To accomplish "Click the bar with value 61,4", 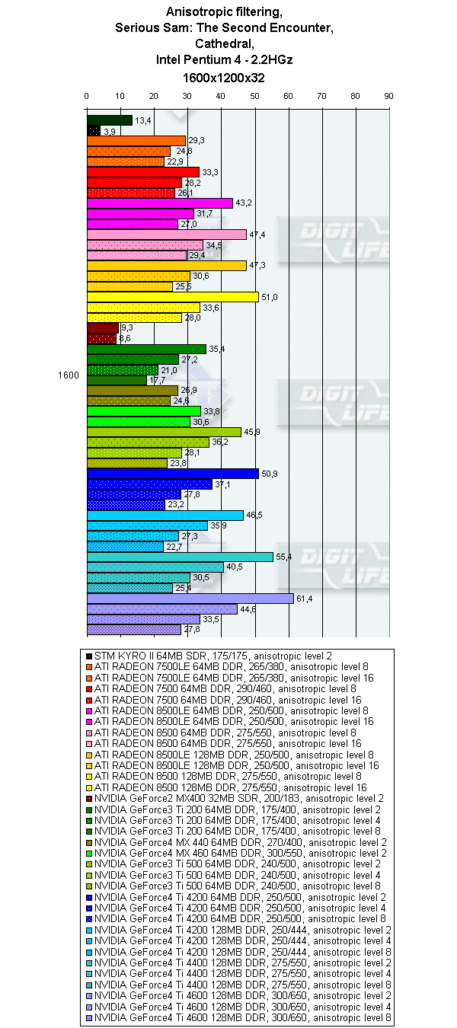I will (190, 599).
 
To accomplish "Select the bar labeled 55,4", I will (180, 557).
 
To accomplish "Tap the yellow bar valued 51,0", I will (173, 297).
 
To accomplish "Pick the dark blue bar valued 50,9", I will (173, 474).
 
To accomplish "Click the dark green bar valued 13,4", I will (110, 120).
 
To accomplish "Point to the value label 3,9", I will (109, 132).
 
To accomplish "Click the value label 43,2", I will (243, 203).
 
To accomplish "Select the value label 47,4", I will (257, 235).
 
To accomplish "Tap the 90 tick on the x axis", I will (388, 96).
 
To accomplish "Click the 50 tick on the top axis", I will (254, 96).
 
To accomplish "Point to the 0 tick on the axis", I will (87, 96).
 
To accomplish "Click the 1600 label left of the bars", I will (69, 375).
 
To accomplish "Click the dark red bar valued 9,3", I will (103, 328).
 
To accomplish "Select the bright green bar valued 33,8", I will (143, 411).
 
